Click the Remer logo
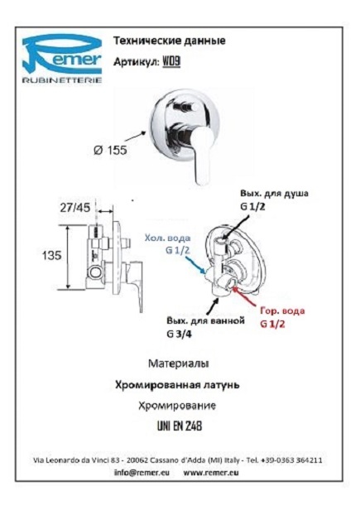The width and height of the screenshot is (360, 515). tap(62, 59)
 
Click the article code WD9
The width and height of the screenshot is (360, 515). tap(171, 62)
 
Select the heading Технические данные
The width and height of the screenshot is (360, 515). tap(170, 41)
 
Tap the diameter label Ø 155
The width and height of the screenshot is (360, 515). tap(110, 150)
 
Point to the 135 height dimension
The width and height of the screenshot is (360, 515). tap(51, 255)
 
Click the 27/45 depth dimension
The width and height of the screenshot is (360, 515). tap(74, 208)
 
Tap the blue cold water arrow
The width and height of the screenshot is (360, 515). tap(195, 266)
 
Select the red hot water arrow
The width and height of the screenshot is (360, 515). tap(245, 296)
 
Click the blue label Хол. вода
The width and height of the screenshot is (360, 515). tap(167, 238)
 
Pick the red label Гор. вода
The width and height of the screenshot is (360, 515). tap(282, 310)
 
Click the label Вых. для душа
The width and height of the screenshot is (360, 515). tap(274, 193)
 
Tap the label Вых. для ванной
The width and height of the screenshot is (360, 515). tap(205, 320)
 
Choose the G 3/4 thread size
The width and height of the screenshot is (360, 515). tap(179, 334)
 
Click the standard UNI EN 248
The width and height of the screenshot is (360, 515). tap(180, 426)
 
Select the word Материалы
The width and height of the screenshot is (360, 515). tap(179, 363)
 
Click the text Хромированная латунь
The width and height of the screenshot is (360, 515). tap(177, 385)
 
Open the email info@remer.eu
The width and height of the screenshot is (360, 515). tap(142, 473)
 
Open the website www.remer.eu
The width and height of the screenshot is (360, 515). tap(211, 473)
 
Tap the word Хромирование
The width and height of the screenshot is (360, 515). tap(177, 406)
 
